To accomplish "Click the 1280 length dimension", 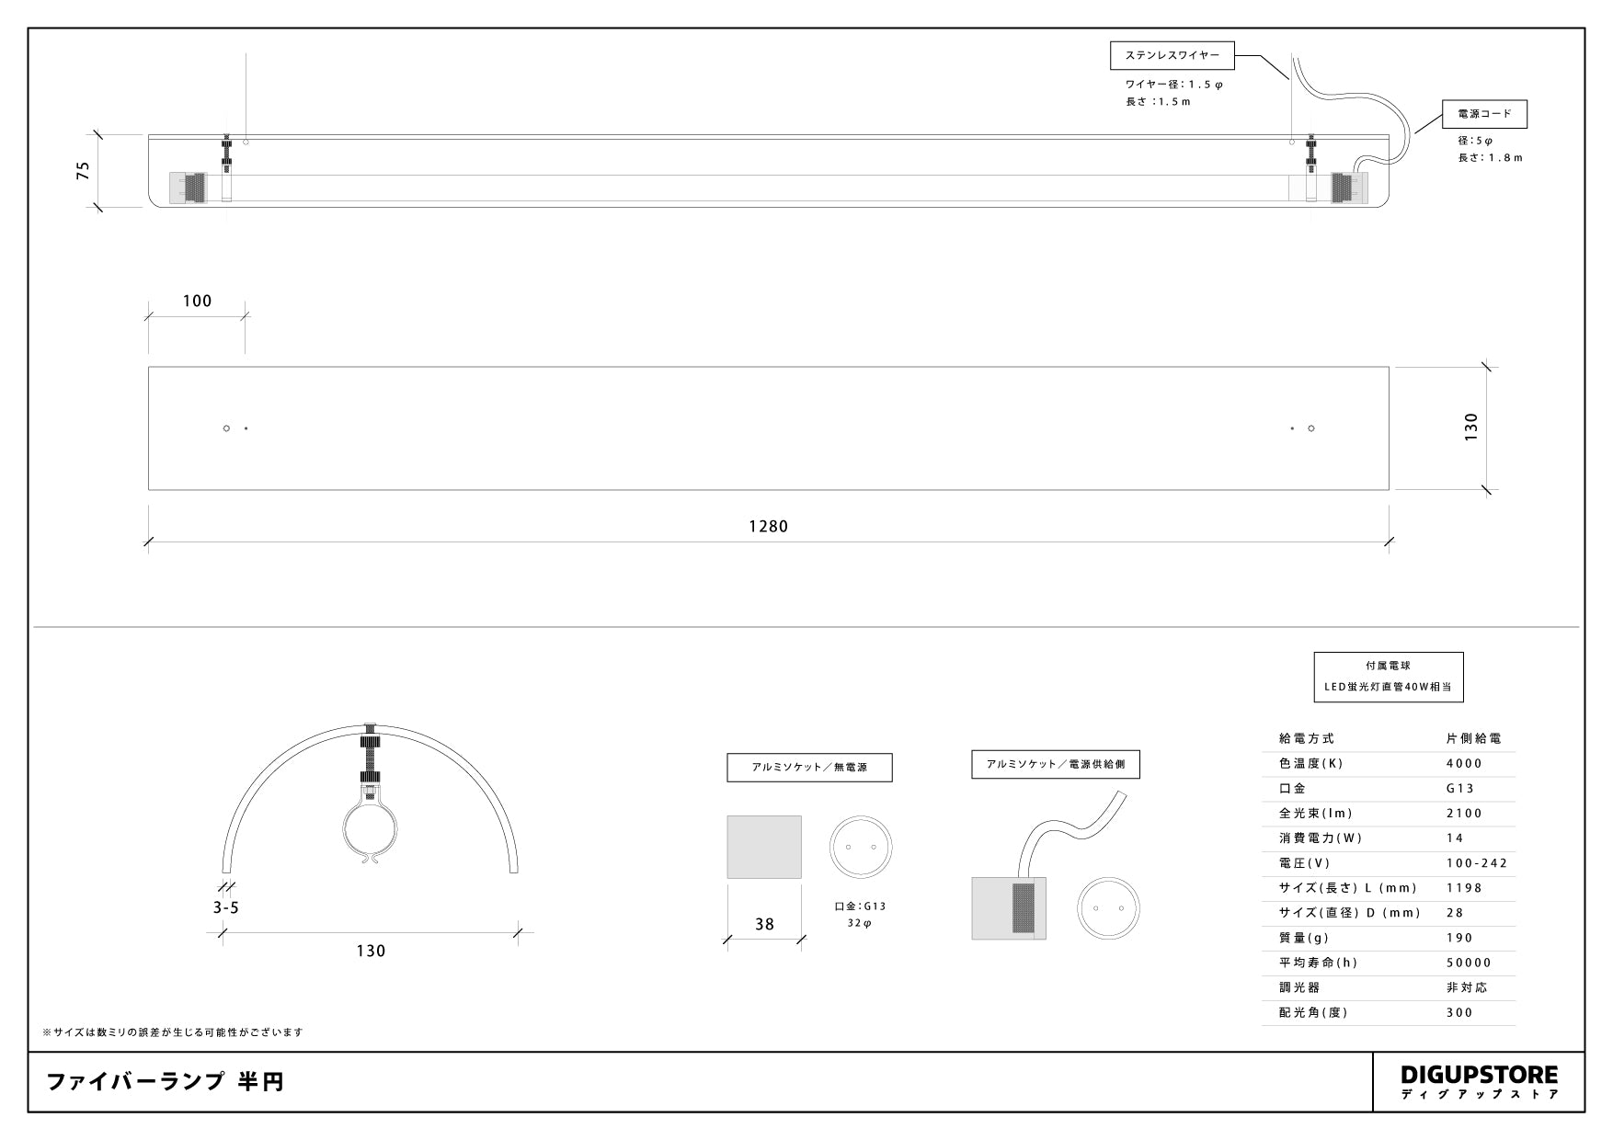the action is pyautogui.click(x=768, y=527).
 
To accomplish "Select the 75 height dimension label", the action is pyautogui.click(x=84, y=170).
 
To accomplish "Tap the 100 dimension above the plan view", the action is pyautogui.click(x=197, y=301).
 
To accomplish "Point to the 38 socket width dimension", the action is pyautogui.click(x=764, y=924).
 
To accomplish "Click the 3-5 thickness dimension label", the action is pyautogui.click(x=225, y=907).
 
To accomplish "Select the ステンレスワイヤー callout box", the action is pyautogui.click(x=1173, y=55).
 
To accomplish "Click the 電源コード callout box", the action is pyautogui.click(x=1484, y=114).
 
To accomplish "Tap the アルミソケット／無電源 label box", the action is pyautogui.click(x=809, y=768).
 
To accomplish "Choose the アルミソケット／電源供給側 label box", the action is pyautogui.click(x=1056, y=764).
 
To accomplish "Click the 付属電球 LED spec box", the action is pyautogui.click(x=1389, y=677).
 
